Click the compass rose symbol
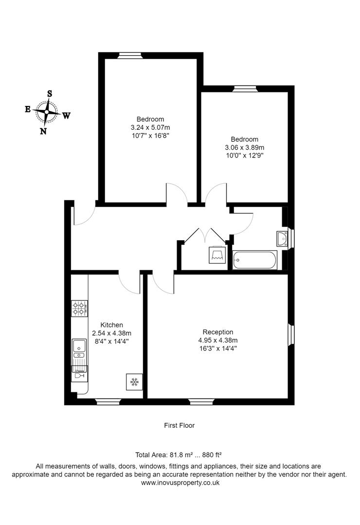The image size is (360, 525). point(47,112)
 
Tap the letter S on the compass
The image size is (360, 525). point(50,93)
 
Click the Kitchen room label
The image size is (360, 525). point(111,325)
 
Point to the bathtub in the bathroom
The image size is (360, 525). point(254,260)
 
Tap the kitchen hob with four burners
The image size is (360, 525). point(80,307)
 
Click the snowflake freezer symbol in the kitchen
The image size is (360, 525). point(134,382)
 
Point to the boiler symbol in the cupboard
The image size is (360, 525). point(217,254)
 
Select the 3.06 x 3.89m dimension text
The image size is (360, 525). point(244,147)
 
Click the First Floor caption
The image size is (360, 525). point(179,425)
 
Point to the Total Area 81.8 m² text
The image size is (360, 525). point(179,455)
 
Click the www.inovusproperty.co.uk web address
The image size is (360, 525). point(180,483)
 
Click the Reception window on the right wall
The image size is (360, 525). point(291,334)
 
